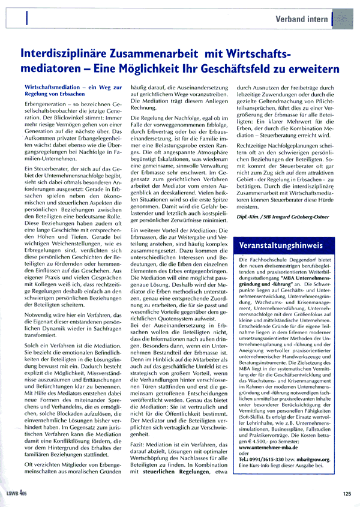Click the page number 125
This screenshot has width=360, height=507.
tap(346, 495)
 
